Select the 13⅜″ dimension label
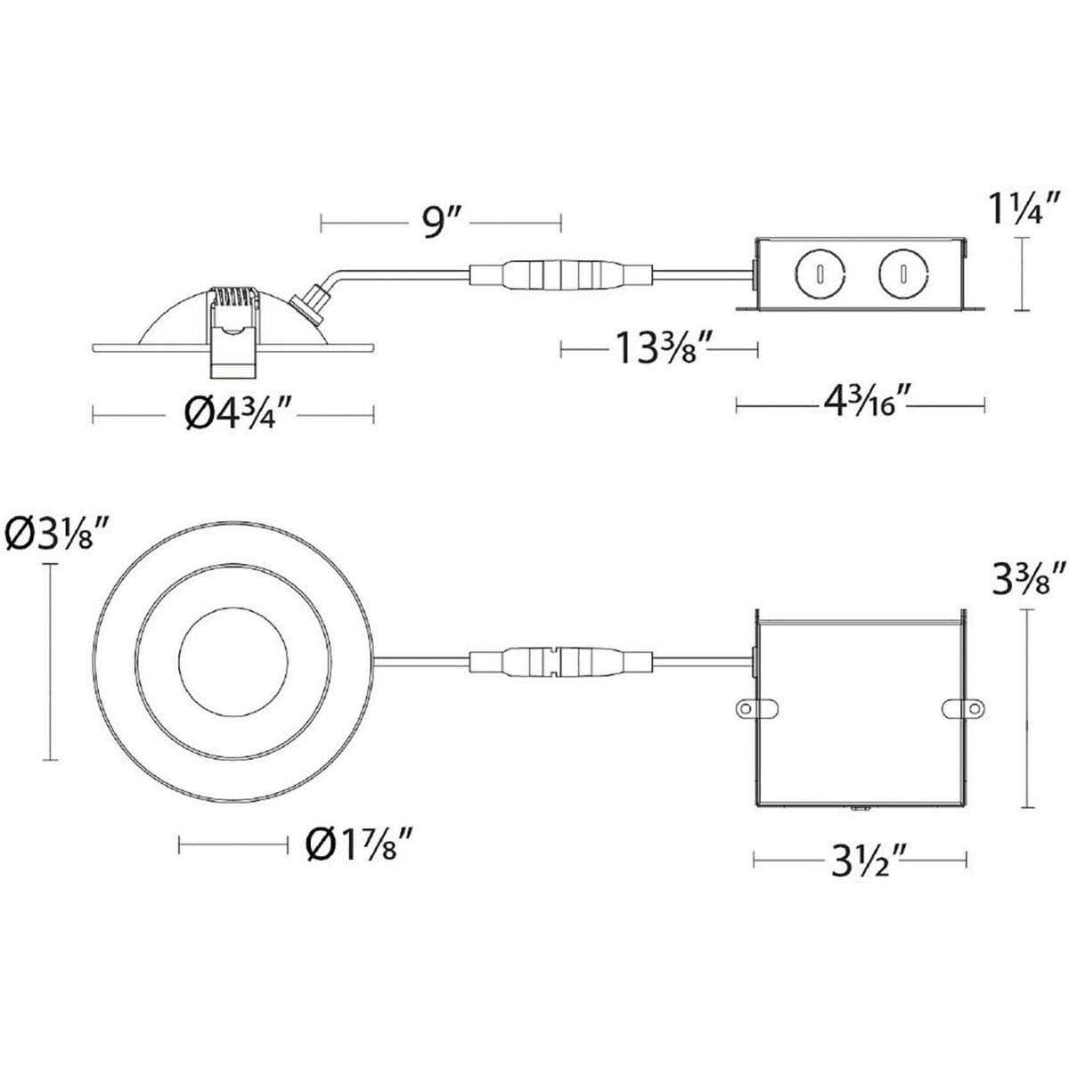[660, 349]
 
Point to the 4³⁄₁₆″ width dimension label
[861, 404]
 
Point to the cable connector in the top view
[558, 663]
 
